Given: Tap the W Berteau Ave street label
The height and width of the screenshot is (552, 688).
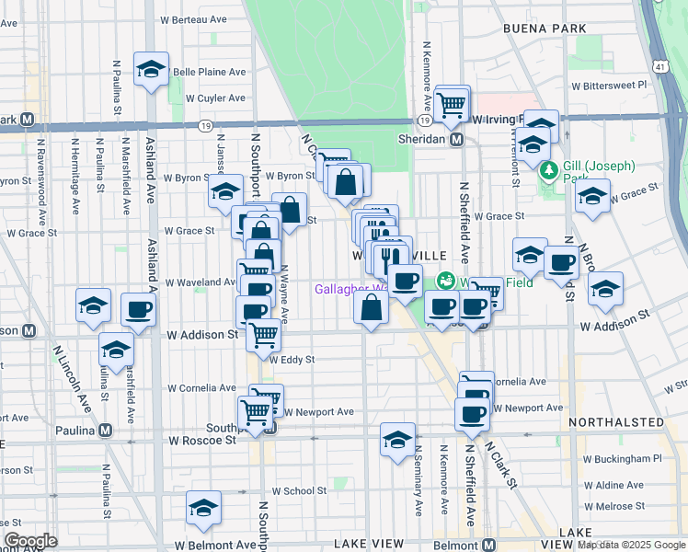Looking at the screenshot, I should (193, 18).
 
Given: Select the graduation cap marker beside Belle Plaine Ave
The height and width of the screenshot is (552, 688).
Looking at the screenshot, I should (151, 69).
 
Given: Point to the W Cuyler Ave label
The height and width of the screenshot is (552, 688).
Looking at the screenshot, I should (215, 98).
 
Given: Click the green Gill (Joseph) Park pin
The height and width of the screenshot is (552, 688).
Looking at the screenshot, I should (549, 170).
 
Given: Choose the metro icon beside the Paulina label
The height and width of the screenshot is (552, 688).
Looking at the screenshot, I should (106, 430).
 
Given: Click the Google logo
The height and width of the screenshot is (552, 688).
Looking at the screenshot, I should (30, 541).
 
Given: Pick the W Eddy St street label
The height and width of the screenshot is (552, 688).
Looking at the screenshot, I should (292, 360).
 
